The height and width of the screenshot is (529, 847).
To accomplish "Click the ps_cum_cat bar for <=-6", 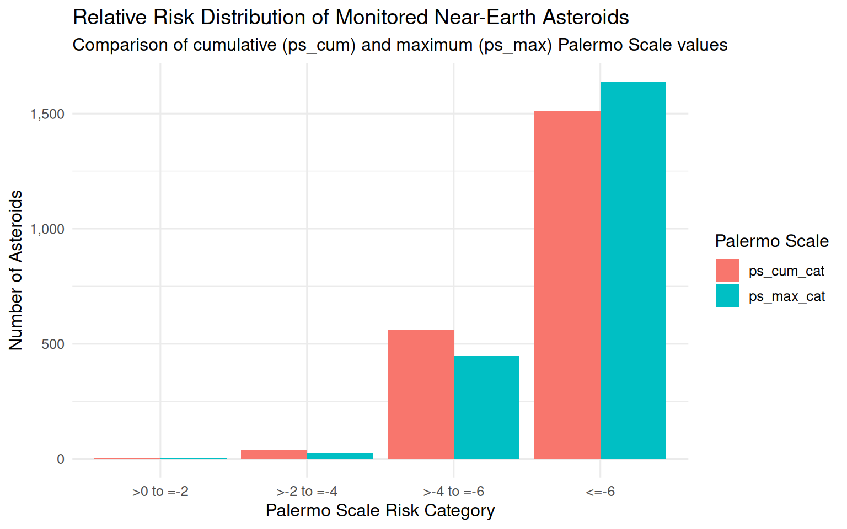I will click(x=567, y=285).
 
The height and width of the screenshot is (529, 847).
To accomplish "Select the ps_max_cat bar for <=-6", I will click(x=633, y=271).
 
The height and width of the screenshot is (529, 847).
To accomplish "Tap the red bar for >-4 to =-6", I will click(x=421, y=395).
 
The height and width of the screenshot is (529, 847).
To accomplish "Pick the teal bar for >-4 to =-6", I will click(x=486, y=407).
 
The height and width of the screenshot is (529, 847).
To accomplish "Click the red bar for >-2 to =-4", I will click(x=274, y=455).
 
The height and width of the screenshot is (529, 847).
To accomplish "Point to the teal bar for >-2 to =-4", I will click(x=340, y=456).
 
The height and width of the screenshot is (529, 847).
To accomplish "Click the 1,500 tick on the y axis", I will click(x=47, y=114).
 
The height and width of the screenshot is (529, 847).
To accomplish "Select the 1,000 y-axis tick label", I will click(x=47, y=229).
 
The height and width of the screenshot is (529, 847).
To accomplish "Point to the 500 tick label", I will click(x=53, y=344).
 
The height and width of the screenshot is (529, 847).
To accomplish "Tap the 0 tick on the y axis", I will click(x=61, y=459).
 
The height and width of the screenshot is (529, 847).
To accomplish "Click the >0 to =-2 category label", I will click(x=160, y=491).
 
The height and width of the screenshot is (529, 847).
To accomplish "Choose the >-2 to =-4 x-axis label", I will click(x=307, y=491).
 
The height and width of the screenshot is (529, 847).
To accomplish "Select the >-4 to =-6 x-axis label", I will click(x=454, y=491).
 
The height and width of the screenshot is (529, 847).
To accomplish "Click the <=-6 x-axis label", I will click(x=601, y=491).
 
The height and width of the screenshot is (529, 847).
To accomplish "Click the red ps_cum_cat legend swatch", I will click(x=727, y=271).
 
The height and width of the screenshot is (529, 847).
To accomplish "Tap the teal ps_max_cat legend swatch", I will click(x=727, y=296).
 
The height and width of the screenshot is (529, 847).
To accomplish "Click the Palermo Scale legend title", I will click(x=771, y=241).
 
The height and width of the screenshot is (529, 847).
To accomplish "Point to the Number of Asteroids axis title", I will click(x=16, y=270).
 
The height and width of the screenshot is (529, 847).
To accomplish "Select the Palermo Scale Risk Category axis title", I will click(x=380, y=510).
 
